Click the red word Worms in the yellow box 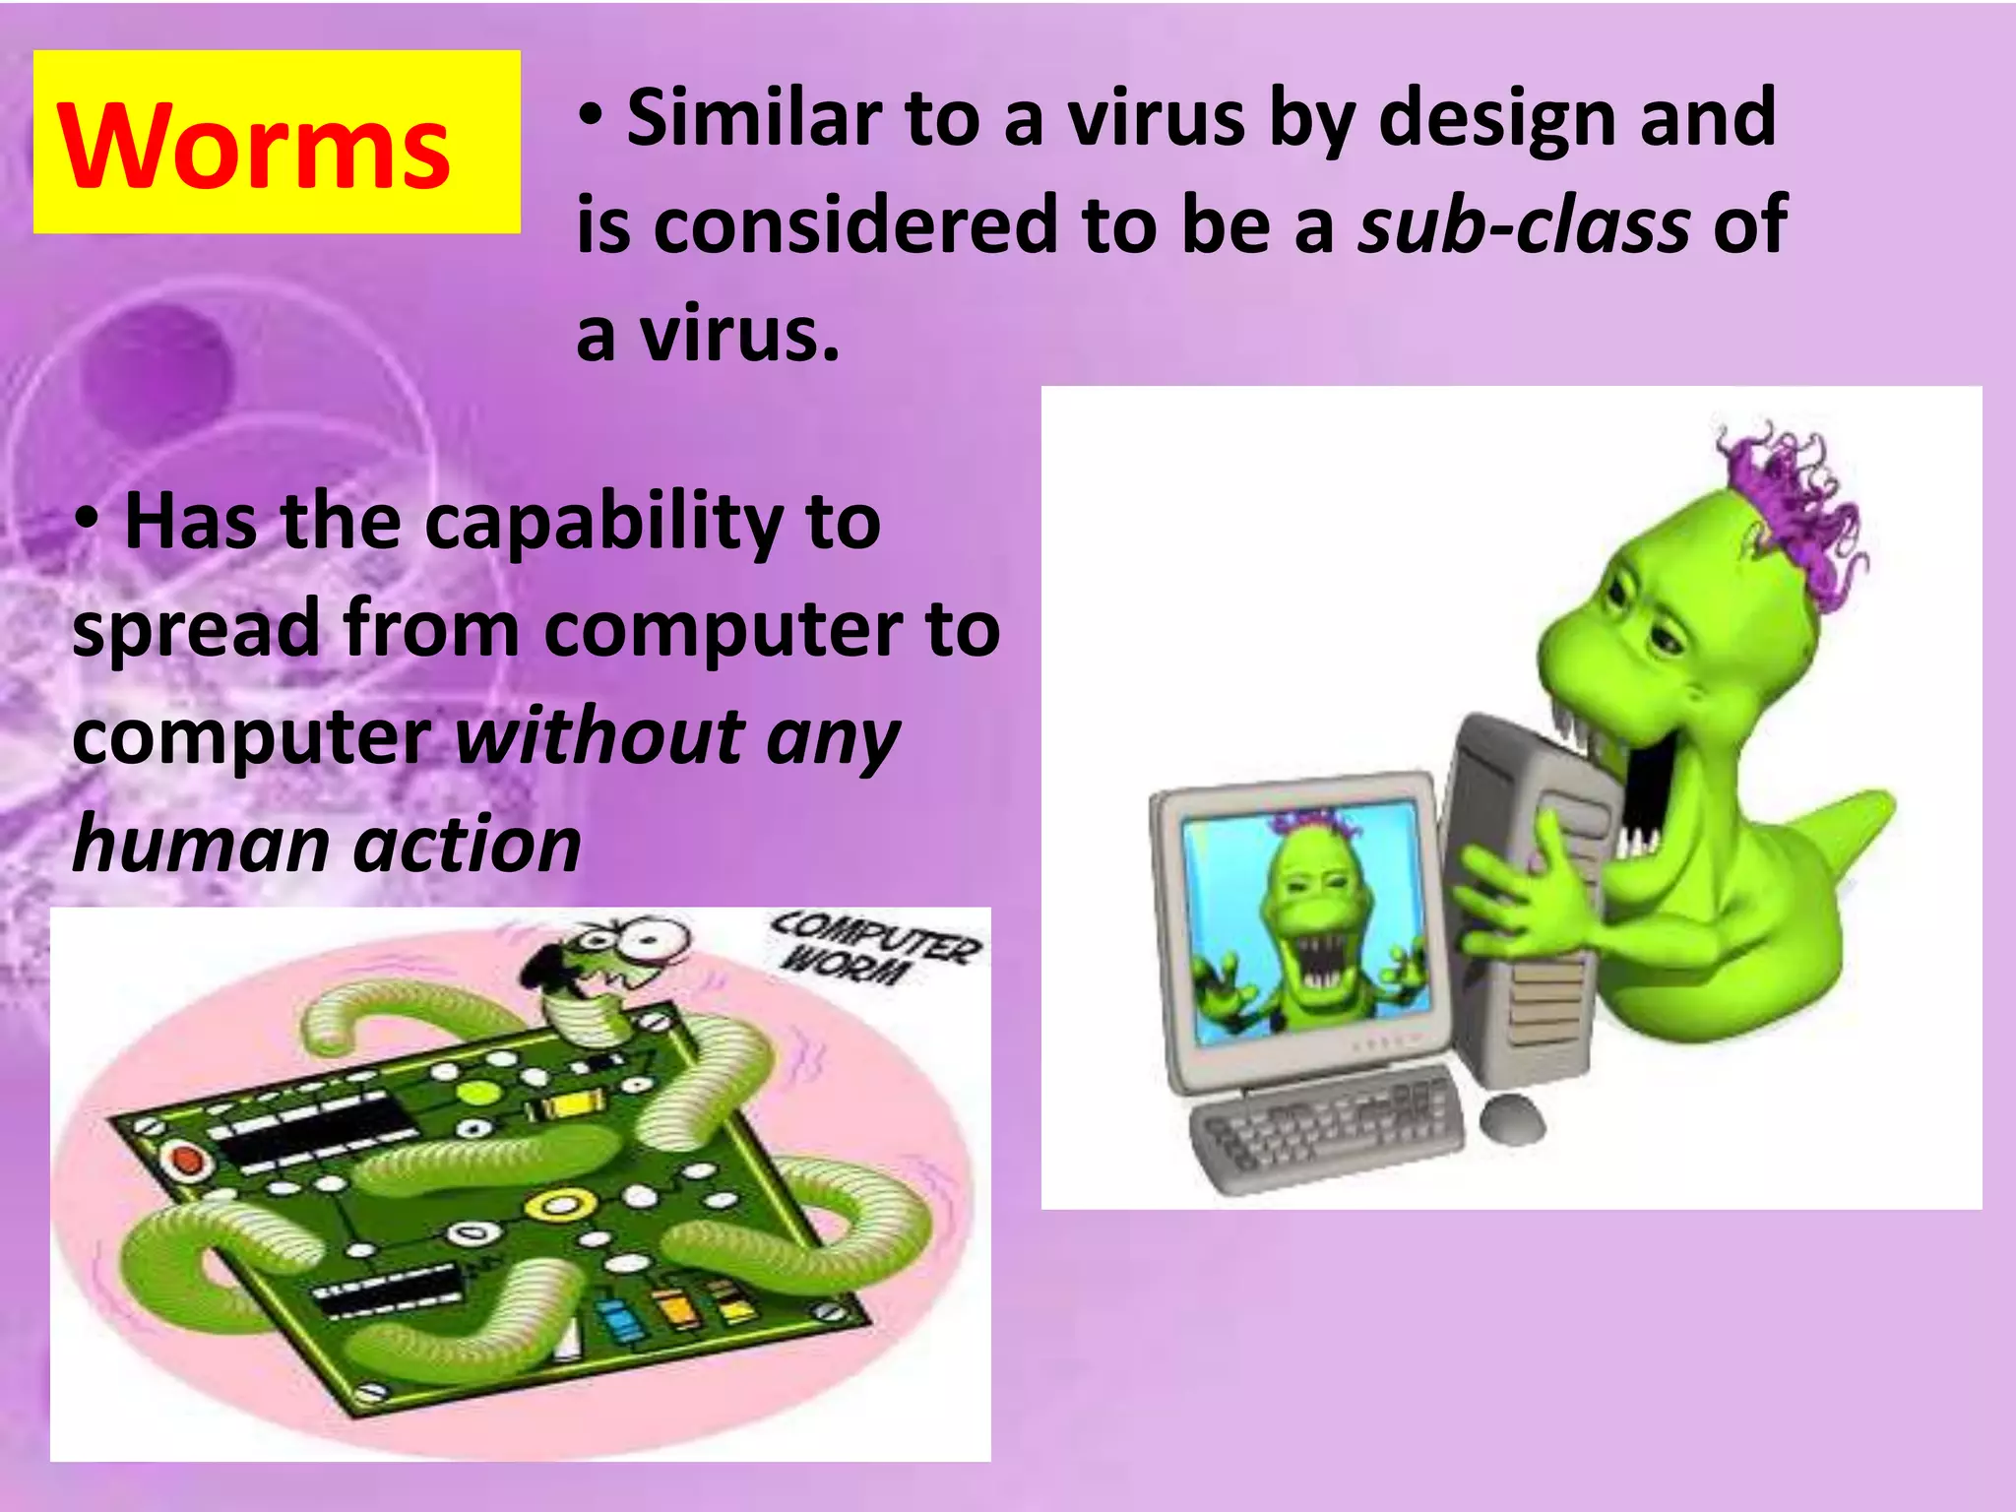pos(254,147)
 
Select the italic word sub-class pos(1524,225)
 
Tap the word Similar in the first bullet pos(756,118)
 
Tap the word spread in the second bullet pos(195,630)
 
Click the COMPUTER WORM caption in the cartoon pos(872,947)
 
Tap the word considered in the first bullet pos(854,225)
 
